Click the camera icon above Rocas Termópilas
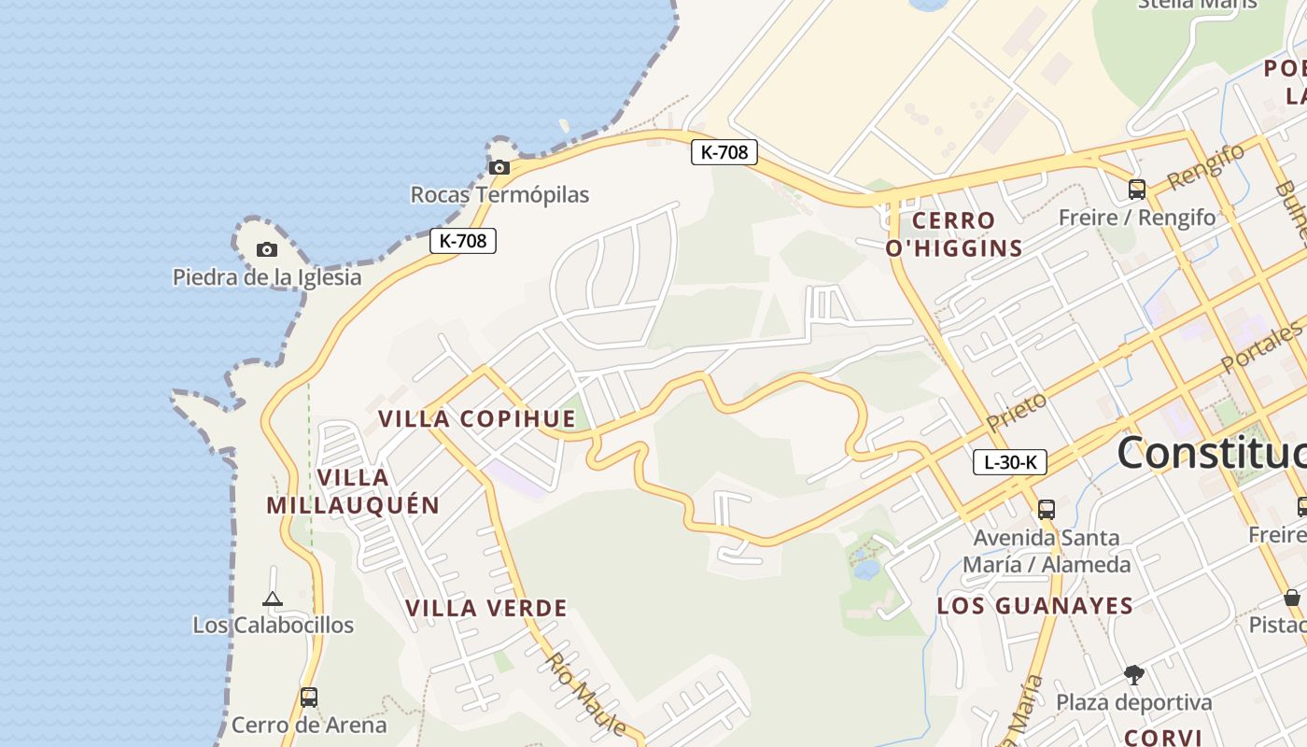point(499,168)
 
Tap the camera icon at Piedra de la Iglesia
point(267,249)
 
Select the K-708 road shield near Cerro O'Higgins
point(724,151)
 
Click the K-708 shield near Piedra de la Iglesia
point(463,240)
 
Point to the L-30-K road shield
point(1010,461)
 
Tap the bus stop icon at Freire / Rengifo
point(1136,189)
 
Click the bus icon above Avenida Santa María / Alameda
point(1046,509)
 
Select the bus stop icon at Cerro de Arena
point(308,697)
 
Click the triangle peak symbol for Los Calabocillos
point(273,599)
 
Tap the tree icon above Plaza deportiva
point(1133,674)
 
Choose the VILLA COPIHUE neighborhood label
point(477,418)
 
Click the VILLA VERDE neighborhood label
point(486,609)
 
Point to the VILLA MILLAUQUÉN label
point(353,491)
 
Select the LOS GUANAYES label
point(1034,606)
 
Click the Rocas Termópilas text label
point(499,195)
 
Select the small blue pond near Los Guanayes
point(865,569)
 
